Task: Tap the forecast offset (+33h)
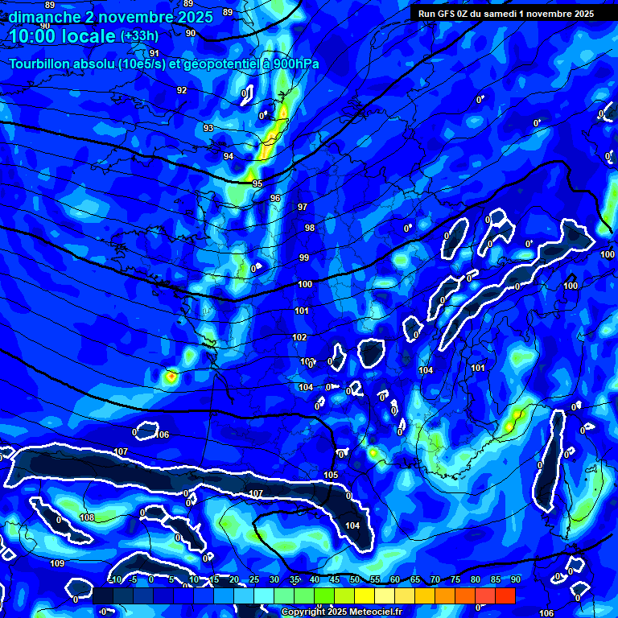tap(139, 36)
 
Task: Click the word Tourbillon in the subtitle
tap(42, 64)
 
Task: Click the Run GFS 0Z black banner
tap(505, 13)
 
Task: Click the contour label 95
tap(257, 184)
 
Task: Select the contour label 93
tap(208, 129)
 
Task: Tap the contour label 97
tap(303, 207)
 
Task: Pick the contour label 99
tap(304, 257)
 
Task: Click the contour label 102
tap(299, 337)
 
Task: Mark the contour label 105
tap(331, 476)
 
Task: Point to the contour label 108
tap(87, 517)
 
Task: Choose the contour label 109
tap(56, 563)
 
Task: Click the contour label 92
tap(182, 90)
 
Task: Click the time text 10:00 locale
tap(61, 36)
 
